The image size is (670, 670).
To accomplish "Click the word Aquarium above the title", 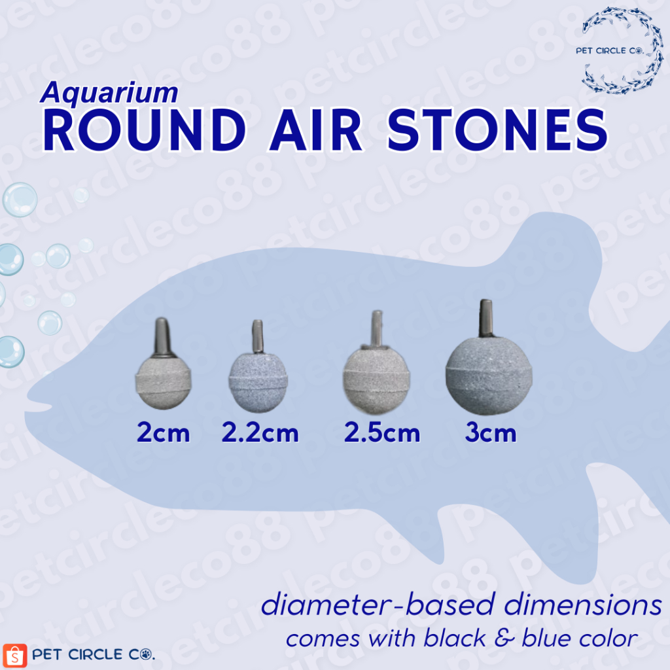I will [x=109, y=94].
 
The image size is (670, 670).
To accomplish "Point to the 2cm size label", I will [x=164, y=432].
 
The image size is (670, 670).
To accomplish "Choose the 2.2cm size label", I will [x=260, y=432].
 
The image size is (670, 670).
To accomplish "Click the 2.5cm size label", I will [x=382, y=432].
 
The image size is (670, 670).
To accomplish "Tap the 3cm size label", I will [x=491, y=432].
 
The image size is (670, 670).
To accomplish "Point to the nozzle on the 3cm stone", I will [x=485, y=315].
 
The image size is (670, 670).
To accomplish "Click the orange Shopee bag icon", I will [x=15, y=655].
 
